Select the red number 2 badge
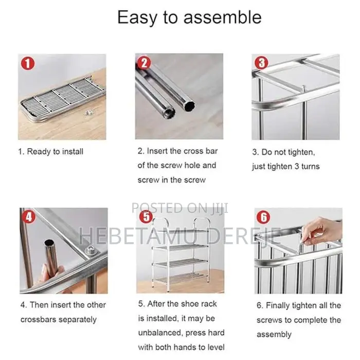145,63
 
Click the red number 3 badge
262,63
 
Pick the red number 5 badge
146,218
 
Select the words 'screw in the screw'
171,180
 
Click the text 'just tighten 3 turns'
285,166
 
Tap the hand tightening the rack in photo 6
321,229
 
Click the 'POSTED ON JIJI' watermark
179,208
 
